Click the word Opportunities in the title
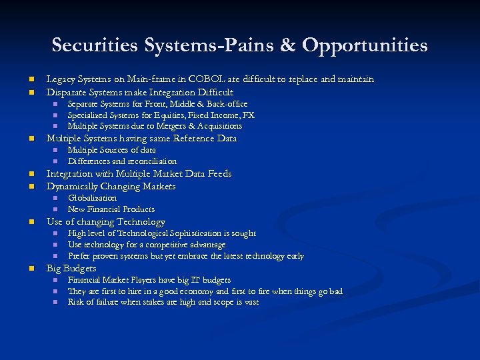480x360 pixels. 365,45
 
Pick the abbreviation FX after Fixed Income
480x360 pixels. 248,115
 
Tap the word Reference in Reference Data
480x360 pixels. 195,139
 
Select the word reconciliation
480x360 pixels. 151,161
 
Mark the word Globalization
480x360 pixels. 92,198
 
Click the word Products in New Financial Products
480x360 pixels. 139,209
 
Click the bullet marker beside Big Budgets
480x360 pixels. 31,269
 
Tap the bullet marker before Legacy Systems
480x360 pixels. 31,79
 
